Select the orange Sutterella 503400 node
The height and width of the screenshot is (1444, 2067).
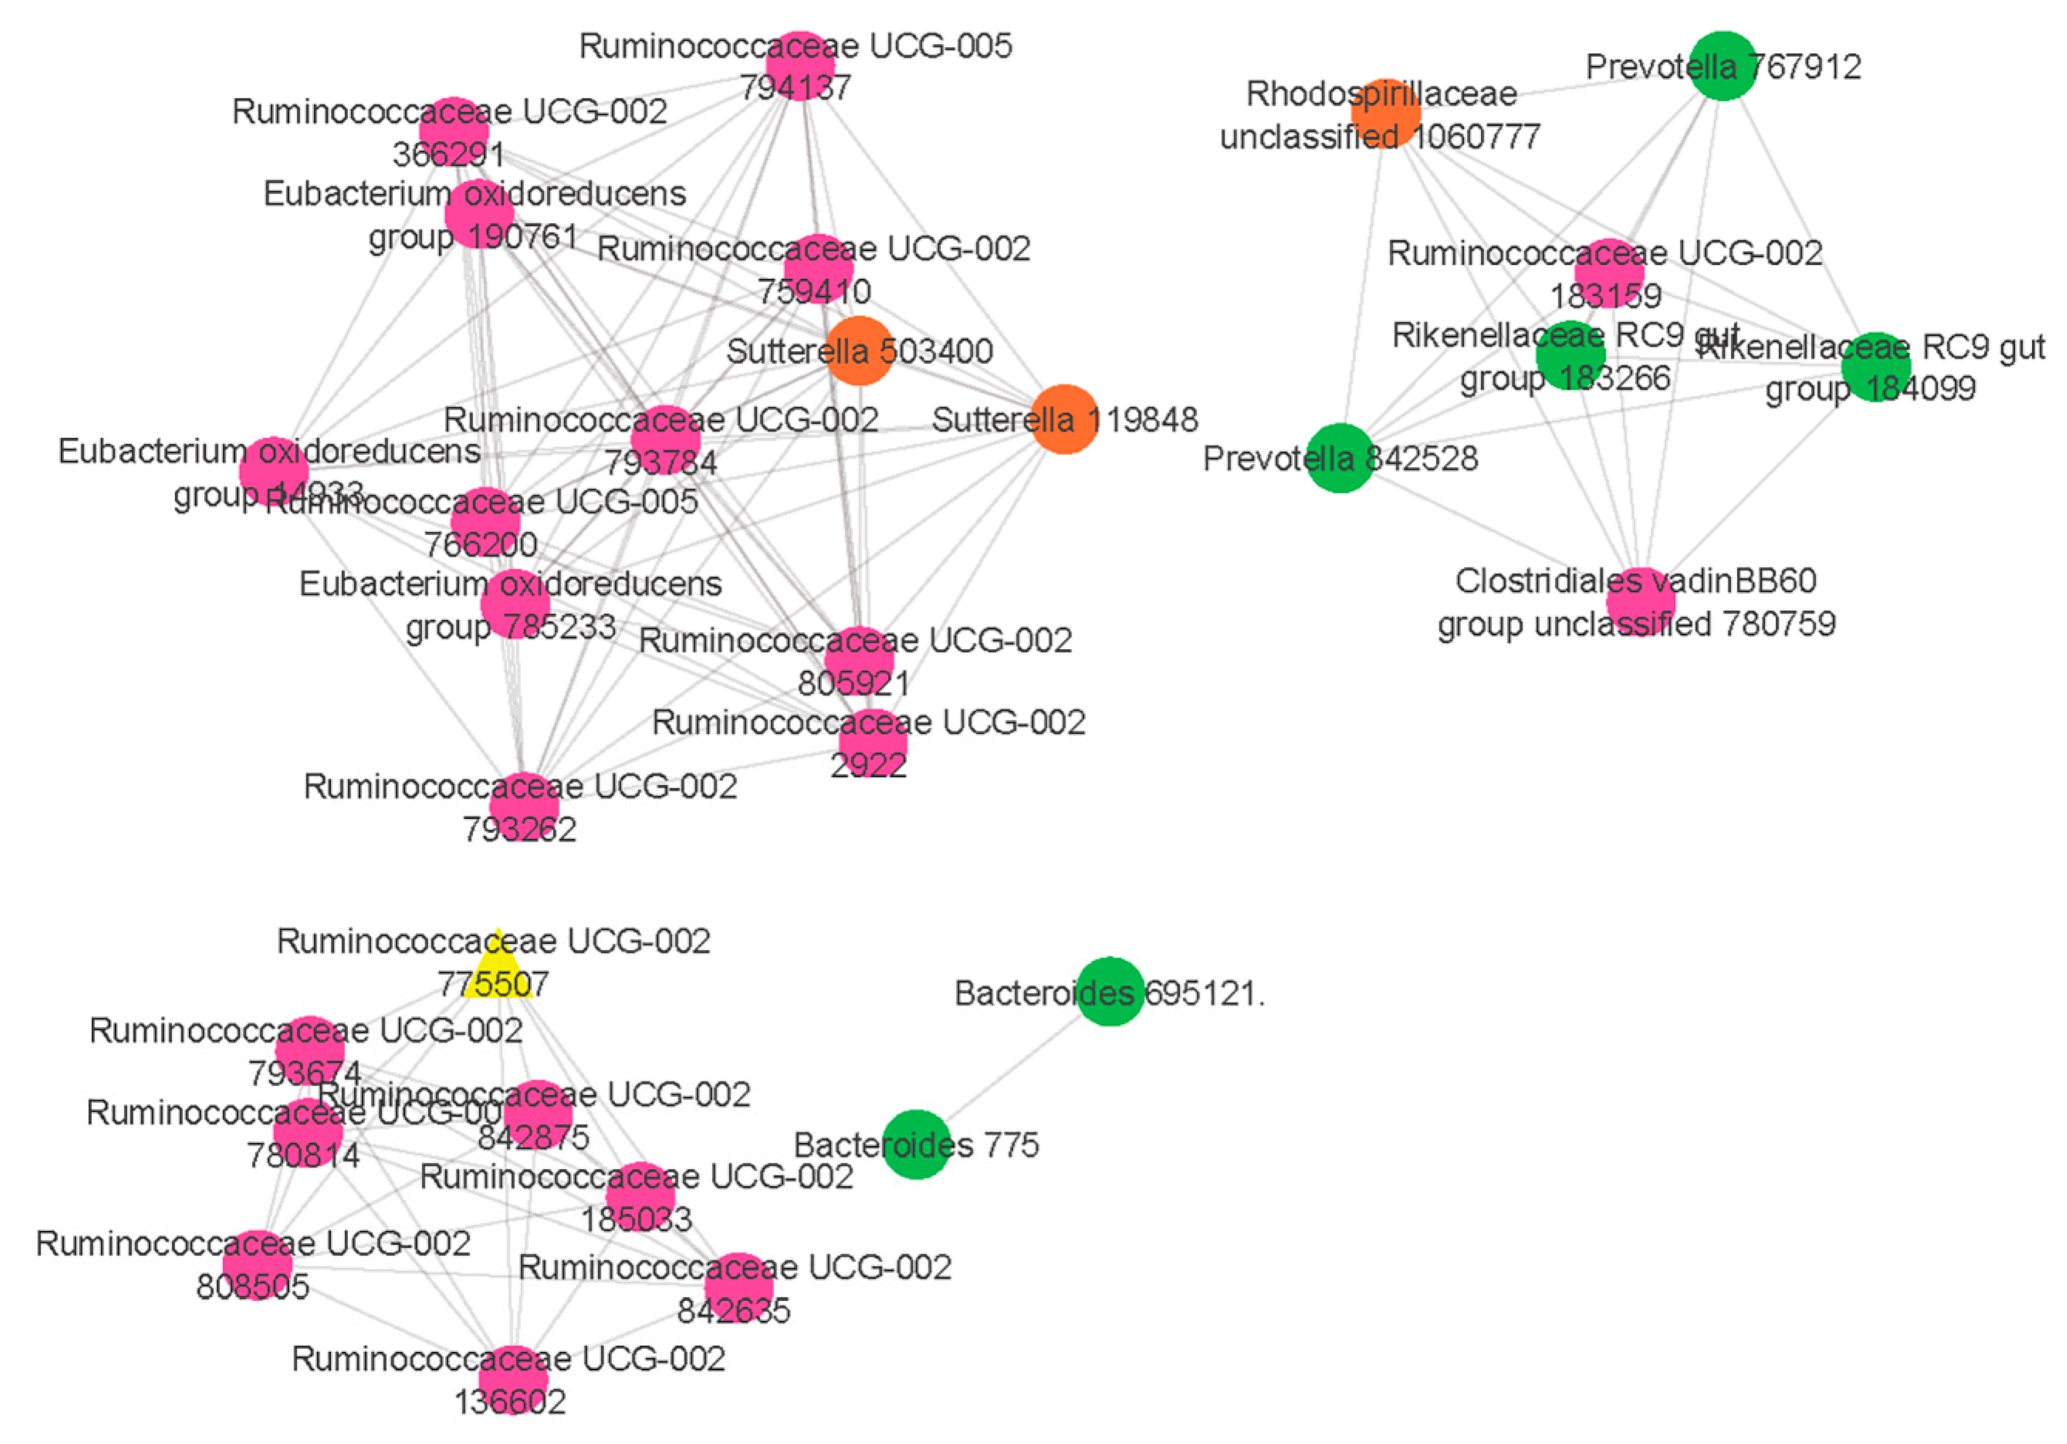pyautogui.click(x=860, y=350)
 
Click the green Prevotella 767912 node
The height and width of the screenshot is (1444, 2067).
pyautogui.click(x=1722, y=66)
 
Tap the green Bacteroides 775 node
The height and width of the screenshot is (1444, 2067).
pyautogui.click(x=916, y=1144)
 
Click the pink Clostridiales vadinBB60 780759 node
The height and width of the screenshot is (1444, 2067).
pyautogui.click(x=1640, y=601)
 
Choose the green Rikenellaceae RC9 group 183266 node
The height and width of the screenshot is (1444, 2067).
pyautogui.click(x=1570, y=356)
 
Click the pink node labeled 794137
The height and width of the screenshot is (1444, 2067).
pyautogui.click(x=800, y=65)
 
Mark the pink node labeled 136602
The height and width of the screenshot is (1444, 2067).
pyautogui.click(x=513, y=1379)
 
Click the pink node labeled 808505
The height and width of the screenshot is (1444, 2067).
pyautogui.click(x=257, y=1265)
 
